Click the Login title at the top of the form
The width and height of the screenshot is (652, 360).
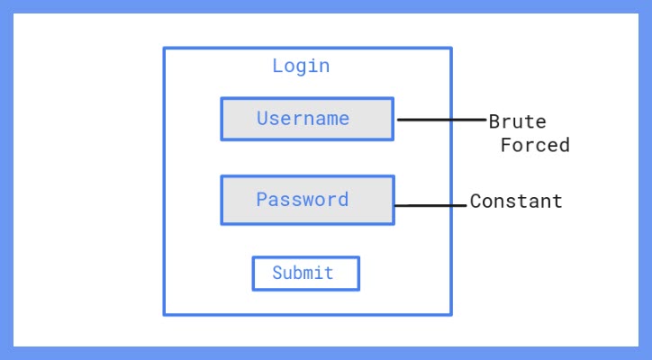coord(301,66)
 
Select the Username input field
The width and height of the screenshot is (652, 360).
coord(307,119)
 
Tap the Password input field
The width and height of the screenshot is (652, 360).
coord(307,200)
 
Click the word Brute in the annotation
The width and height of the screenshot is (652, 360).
coord(518,121)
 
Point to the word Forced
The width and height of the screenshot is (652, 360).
coord(536,145)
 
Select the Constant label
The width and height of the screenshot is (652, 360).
coord(516,202)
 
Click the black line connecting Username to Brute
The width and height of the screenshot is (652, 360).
coord(441,119)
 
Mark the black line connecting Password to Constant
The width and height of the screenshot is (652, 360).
coord(431,206)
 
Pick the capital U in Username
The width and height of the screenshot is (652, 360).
coord(262,118)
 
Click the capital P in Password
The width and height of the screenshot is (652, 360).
coord(262,199)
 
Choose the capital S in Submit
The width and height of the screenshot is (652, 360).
coord(277,273)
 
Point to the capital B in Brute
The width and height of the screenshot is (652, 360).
coord(494,121)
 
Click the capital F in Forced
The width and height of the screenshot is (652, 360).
coord(506,145)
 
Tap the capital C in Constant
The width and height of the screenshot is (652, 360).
coord(475,202)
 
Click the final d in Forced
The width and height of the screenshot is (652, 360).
coord(565,145)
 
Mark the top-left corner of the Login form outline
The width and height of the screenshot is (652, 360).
coord(164,49)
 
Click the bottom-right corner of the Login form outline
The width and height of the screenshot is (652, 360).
coord(450,314)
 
